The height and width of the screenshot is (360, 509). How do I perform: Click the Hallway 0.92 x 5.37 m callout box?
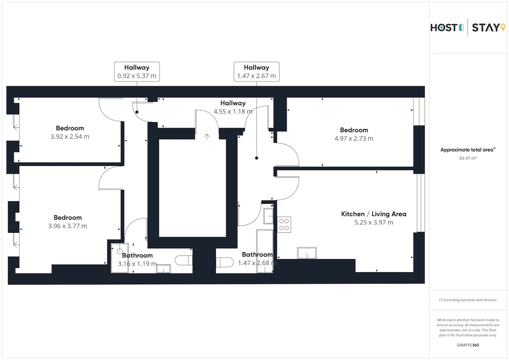click(137, 72)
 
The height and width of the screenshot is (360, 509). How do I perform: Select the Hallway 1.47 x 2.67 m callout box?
click(257, 72)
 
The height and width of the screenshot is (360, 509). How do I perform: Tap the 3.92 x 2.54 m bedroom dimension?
click(70, 137)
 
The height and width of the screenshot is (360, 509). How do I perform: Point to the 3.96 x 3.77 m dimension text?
click(67, 226)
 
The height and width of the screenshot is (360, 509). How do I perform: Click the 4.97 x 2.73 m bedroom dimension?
click(354, 138)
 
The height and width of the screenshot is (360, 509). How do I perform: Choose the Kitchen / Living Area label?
click(374, 214)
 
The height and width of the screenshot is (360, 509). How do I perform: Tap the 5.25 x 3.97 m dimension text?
click(374, 222)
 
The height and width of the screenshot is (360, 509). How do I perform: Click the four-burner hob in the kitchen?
click(284, 224)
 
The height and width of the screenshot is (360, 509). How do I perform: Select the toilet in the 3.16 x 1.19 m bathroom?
click(184, 260)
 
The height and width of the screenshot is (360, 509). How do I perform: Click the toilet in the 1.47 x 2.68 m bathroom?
click(224, 262)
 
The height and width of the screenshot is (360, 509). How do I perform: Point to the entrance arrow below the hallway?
click(207, 137)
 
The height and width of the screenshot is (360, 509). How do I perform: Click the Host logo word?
click(444, 28)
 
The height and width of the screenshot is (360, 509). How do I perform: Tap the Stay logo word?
click(486, 28)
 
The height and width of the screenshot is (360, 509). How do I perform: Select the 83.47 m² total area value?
click(468, 158)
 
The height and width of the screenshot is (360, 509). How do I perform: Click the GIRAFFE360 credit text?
click(468, 345)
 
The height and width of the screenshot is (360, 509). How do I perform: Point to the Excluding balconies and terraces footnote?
click(467, 300)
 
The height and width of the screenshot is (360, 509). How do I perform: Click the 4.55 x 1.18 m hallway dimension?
click(233, 112)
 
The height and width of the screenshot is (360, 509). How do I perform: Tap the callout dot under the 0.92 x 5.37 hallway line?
click(137, 112)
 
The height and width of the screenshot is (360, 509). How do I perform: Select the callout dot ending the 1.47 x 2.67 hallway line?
click(257, 158)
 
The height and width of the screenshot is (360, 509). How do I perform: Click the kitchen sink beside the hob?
click(268, 216)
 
